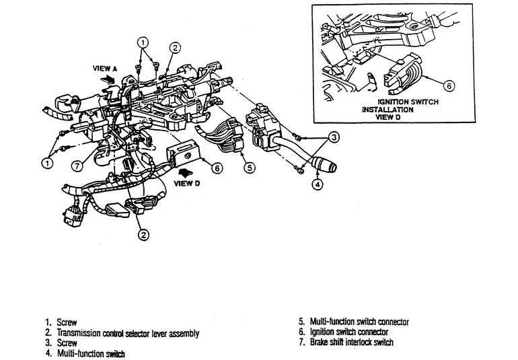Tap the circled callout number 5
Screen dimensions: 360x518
pos(249,168)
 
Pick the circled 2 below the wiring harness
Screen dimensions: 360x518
pos(143,235)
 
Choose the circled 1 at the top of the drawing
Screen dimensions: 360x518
pos(143,40)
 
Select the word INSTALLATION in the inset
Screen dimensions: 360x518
pos(388,109)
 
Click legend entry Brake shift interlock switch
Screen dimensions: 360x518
pos(346,343)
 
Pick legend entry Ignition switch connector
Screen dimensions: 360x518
pos(343,332)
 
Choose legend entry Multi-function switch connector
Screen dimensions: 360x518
pos(353,322)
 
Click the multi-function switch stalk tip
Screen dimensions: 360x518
pos(329,165)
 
